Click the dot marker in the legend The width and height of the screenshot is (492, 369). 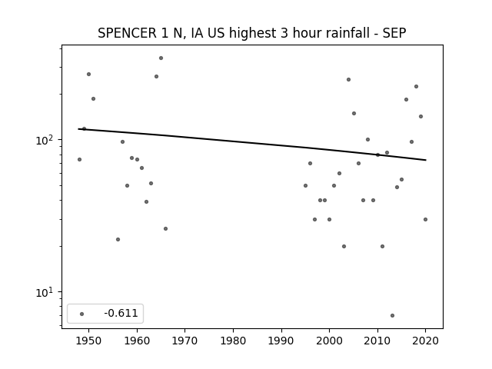click(x=81, y=314)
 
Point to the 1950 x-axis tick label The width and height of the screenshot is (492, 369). click(x=88, y=341)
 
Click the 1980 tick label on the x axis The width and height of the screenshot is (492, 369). click(x=233, y=341)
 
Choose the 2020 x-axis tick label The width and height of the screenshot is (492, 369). click(x=425, y=341)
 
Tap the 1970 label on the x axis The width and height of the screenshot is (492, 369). click(x=184, y=341)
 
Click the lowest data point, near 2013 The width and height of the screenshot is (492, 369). click(x=392, y=315)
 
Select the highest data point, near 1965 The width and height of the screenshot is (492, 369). click(x=161, y=58)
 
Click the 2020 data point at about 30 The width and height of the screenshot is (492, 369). click(x=425, y=219)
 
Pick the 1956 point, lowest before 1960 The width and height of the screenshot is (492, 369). click(x=118, y=239)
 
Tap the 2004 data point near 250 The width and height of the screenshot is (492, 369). click(x=348, y=79)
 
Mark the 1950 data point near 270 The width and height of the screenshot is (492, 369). click(x=88, y=74)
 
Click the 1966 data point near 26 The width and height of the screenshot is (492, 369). click(x=165, y=228)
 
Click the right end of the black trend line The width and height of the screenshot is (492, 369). click(x=425, y=160)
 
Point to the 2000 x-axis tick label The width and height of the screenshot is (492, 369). click(x=329, y=341)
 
